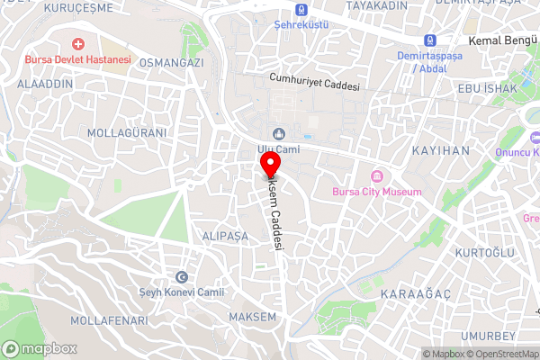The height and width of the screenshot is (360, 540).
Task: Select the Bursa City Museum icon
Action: [376, 176]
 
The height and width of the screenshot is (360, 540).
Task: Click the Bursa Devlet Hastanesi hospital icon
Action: [79, 43]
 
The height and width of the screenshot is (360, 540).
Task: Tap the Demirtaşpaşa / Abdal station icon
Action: [430, 40]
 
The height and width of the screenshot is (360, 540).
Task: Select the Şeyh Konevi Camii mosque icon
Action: [183, 277]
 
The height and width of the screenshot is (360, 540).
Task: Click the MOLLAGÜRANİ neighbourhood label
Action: [127, 132]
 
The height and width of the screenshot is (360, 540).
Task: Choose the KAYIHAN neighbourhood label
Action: [441, 150]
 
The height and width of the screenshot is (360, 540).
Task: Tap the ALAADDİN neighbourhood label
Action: [43, 81]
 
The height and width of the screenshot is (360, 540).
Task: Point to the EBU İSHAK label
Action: [488, 88]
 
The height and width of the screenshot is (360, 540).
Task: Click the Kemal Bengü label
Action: [503, 41]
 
